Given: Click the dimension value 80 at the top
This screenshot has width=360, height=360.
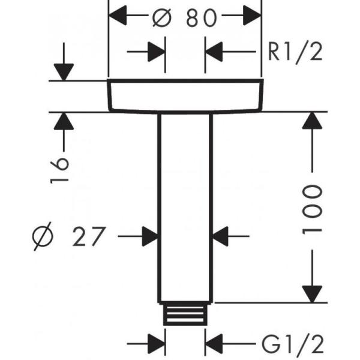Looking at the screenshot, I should pyautogui.click(x=200, y=18).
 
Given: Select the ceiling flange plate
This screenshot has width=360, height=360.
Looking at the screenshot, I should pyautogui.click(x=185, y=95).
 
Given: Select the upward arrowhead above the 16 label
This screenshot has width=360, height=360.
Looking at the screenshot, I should pyautogui.click(x=62, y=122).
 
